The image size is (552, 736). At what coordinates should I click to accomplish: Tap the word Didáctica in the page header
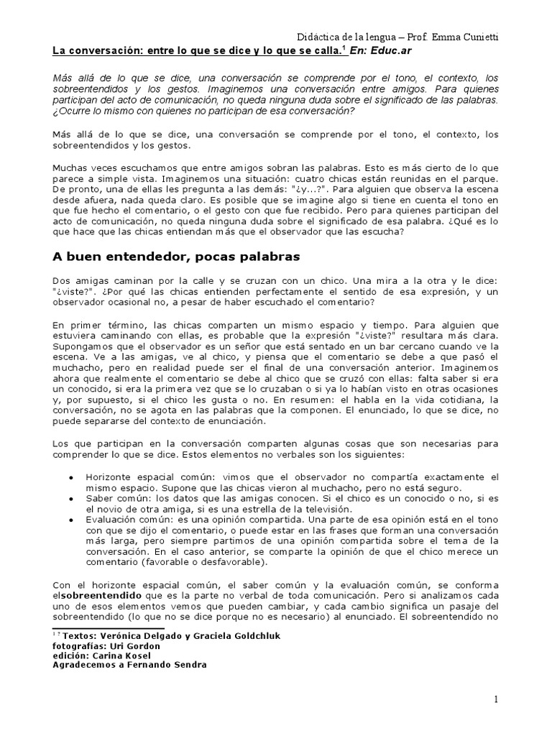(318, 37)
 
